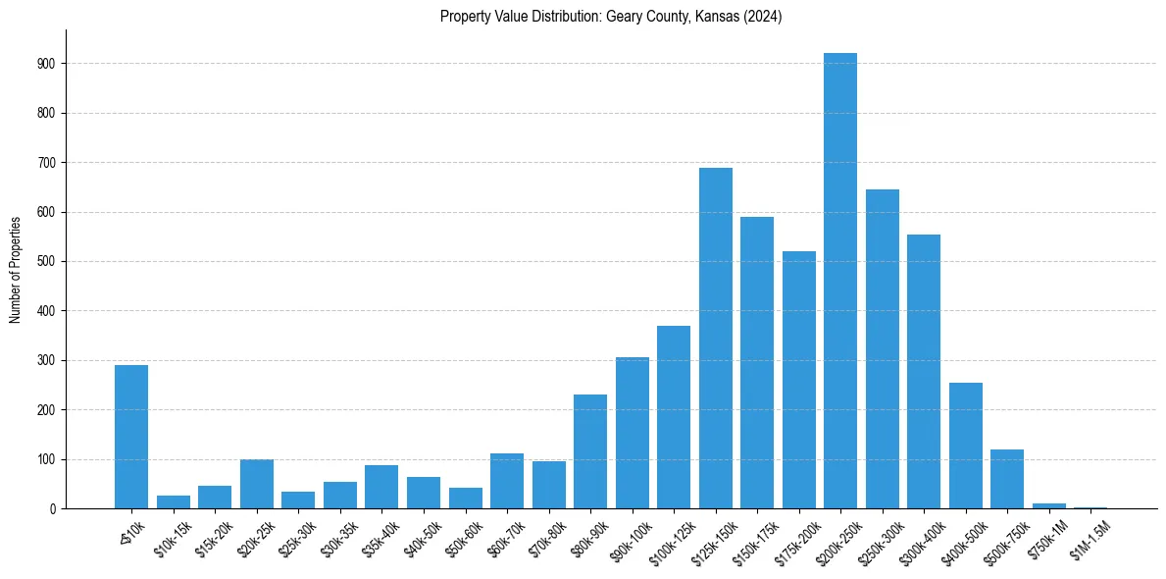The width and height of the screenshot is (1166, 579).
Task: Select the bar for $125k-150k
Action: point(715,339)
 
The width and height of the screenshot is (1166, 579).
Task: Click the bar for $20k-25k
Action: point(257,484)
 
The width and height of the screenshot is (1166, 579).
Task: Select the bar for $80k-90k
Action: point(590,451)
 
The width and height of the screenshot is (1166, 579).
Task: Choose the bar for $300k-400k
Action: point(924,372)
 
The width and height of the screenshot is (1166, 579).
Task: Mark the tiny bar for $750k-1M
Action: point(1048,505)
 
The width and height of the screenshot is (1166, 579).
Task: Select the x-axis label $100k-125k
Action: point(670,538)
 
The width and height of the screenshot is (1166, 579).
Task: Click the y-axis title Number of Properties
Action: point(15,270)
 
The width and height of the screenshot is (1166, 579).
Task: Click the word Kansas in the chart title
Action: point(715,17)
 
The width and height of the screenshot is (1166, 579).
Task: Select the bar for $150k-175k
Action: point(757,363)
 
